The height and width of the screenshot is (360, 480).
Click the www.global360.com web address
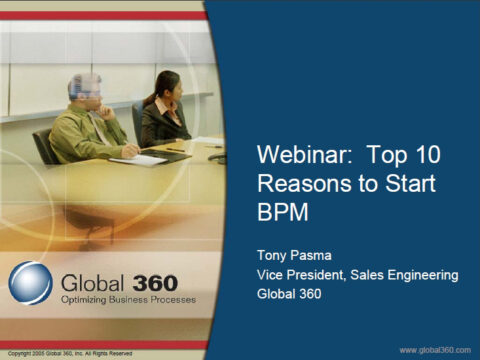(x=435, y=349)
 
